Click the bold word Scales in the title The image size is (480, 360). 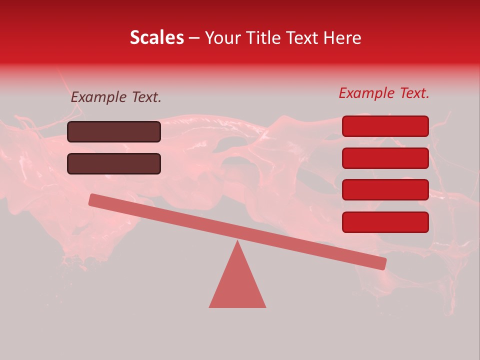157,37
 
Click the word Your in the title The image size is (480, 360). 222,38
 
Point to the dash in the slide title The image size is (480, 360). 194,38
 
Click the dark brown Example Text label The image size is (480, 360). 116,97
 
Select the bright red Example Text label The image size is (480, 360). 384,93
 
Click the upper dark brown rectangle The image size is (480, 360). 114,132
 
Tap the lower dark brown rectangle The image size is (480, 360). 114,163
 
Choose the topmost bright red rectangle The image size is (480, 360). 385,126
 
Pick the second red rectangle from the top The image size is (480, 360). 385,158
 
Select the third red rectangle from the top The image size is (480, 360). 385,189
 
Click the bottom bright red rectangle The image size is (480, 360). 385,222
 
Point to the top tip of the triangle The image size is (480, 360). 237,242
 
